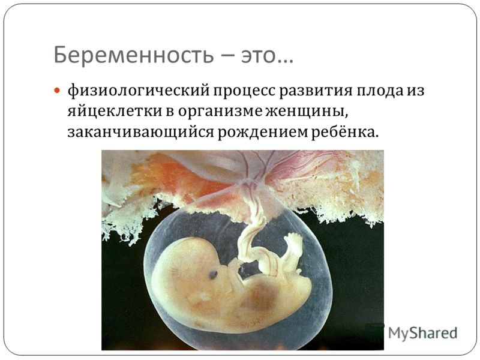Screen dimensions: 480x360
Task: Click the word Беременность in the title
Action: pos(133,55)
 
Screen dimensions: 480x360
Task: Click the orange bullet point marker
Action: pos(56,91)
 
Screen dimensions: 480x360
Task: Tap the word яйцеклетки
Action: pos(115,112)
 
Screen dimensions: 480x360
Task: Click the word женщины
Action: pos(307,112)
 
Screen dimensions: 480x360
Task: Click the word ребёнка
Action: pos(343,131)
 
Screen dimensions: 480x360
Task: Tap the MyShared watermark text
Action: pos(422,333)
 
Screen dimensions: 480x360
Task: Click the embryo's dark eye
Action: pos(214,275)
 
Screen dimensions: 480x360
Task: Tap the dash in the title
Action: pos(227,56)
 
